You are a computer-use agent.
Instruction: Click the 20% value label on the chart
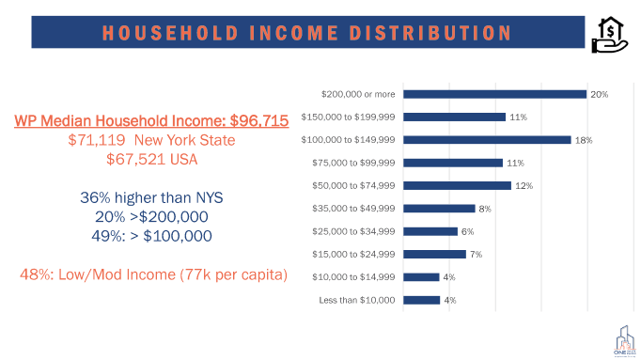click(x=599, y=94)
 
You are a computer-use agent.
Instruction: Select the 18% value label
click(x=583, y=140)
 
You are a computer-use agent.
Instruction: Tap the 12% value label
click(x=524, y=186)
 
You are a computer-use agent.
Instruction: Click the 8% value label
click(x=485, y=209)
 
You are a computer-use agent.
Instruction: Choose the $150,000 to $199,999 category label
click(x=348, y=117)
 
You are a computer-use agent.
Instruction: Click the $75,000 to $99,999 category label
click(x=352, y=163)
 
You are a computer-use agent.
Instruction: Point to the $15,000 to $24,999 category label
click(x=352, y=254)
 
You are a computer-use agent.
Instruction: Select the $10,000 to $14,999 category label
click(x=352, y=277)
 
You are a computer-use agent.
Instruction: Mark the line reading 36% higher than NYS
click(x=150, y=199)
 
